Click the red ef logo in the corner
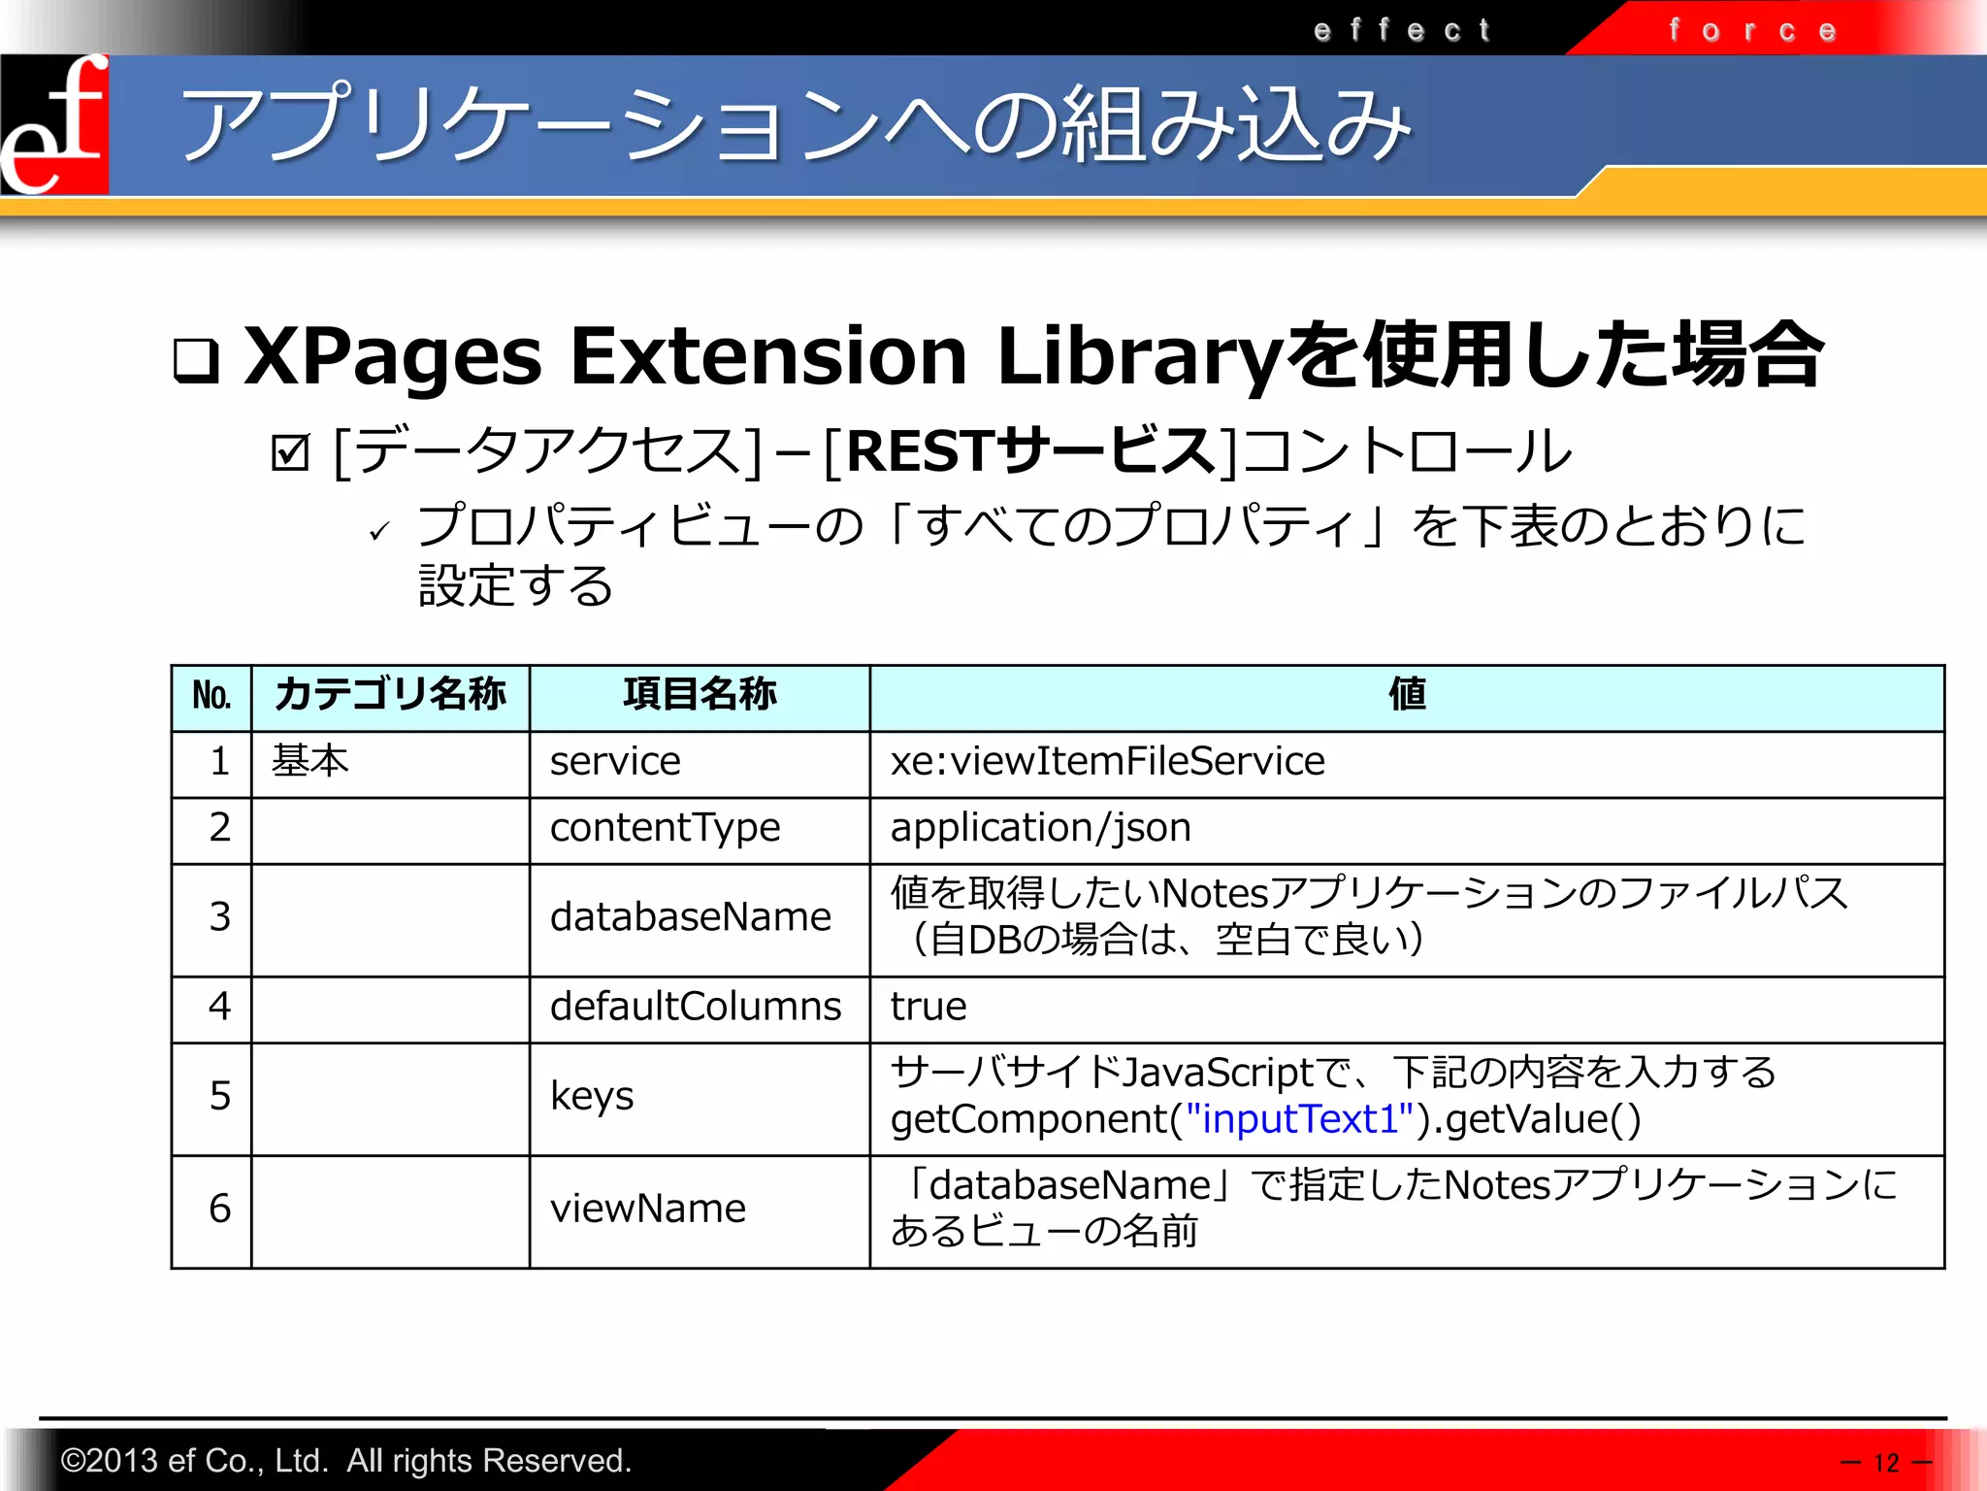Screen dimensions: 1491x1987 pos(54,124)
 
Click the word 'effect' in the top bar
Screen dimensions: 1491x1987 pos(1401,30)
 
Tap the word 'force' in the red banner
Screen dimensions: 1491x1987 pos(1752,30)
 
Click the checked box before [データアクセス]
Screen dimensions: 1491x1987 pos(290,451)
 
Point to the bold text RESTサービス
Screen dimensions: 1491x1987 pos(1030,451)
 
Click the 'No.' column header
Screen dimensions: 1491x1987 pos(212,696)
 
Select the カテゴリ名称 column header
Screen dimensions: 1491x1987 pos(390,695)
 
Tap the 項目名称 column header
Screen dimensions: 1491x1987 pos(699,695)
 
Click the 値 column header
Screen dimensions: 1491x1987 pos(1407,695)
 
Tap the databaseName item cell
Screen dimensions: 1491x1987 pos(690,917)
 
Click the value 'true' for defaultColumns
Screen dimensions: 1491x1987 pos(928,1007)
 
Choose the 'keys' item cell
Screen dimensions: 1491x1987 pos(592,1097)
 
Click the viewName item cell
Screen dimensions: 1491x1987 pos(648,1209)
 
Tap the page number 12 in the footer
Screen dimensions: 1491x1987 pos(1886,1462)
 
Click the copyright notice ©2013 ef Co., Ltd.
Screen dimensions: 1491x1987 pos(345,1460)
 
